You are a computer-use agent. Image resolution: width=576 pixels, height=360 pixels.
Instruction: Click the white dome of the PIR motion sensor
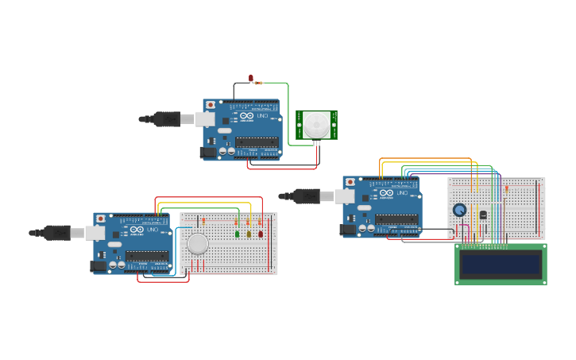[316, 124]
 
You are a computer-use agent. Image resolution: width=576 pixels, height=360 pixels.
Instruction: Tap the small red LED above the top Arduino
[251, 78]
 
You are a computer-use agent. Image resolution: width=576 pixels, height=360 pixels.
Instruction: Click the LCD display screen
[500, 264]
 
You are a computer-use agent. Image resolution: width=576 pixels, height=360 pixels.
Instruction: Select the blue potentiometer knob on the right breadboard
[459, 211]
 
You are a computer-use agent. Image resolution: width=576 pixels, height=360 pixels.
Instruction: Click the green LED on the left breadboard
[238, 233]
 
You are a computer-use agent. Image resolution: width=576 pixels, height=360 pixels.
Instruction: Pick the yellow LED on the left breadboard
[249, 233]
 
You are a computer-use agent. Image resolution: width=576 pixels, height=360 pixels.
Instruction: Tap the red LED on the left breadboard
[260, 233]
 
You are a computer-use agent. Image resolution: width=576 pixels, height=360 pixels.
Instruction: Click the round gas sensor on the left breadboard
[197, 243]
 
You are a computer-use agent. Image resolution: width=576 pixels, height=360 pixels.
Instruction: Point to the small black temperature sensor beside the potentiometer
[482, 215]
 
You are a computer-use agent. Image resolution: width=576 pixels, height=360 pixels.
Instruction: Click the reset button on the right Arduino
[350, 182]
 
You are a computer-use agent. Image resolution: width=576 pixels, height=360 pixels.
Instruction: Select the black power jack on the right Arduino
[348, 229]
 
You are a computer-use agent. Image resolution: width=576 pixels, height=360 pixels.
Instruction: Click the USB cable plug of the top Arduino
[168, 119]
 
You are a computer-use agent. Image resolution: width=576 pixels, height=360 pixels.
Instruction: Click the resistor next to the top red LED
[260, 83]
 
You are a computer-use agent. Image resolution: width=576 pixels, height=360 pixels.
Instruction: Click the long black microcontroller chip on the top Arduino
[257, 142]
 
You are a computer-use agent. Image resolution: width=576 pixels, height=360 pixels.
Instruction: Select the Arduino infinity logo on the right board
[386, 193]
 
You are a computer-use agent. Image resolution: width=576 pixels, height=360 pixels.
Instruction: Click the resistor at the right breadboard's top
[506, 189]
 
